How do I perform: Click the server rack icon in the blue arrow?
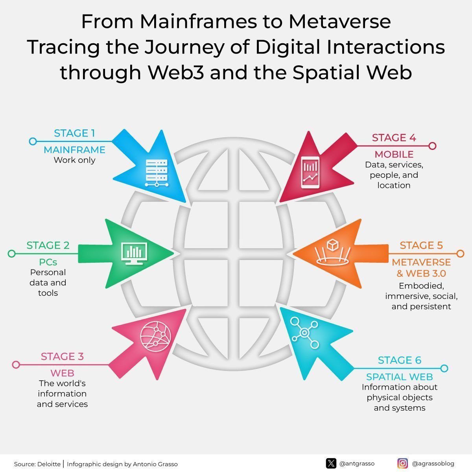(x=157, y=173)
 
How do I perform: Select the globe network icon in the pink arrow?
(x=155, y=336)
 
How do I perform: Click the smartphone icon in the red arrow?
(x=310, y=172)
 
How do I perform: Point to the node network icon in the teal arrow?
(x=304, y=333)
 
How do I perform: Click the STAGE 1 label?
(x=74, y=133)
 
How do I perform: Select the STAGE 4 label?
(x=394, y=138)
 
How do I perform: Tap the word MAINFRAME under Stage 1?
(x=74, y=149)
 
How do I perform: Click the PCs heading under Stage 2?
(x=48, y=262)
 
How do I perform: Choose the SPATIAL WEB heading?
(x=400, y=377)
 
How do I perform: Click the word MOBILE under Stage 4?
(x=394, y=154)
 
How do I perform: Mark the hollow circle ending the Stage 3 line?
(x=16, y=365)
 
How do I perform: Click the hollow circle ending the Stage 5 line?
(x=460, y=254)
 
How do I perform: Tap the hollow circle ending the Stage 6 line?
(x=444, y=369)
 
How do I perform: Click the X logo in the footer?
(x=331, y=463)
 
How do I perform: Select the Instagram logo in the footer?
(x=402, y=463)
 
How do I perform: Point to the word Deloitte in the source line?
(x=49, y=464)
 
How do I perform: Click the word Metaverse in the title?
(x=340, y=22)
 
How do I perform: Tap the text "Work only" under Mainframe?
(x=74, y=160)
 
